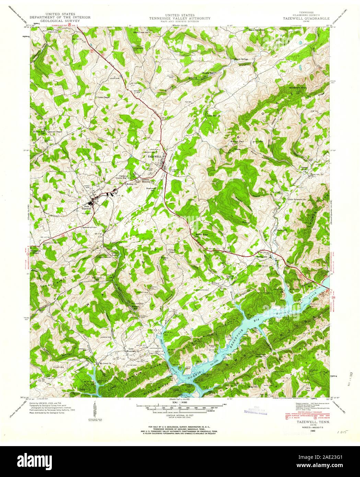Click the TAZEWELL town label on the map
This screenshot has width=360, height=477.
(154, 156)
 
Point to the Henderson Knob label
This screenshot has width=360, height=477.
(297, 88)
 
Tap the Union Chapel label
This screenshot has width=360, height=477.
(104, 97)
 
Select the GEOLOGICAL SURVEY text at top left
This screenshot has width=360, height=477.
(60, 21)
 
